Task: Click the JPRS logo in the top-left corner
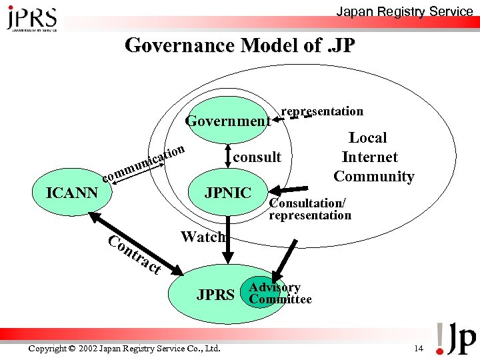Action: pyautogui.click(x=31, y=18)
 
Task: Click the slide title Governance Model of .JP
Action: pyautogui.click(x=240, y=46)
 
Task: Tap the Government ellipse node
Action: pyautogui.click(x=227, y=121)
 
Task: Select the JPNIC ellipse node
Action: pyautogui.click(x=228, y=193)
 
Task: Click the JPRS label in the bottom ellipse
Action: pyautogui.click(x=215, y=295)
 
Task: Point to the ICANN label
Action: pyautogui.click(x=71, y=193)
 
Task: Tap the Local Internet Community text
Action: pyautogui.click(x=373, y=157)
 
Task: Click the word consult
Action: pyautogui.click(x=257, y=157)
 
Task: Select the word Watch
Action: pyautogui.click(x=203, y=237)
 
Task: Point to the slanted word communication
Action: pyautogui.click(x=143, y=163)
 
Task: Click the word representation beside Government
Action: pyautogui.click(x=322, y=111)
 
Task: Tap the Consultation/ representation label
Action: pyautogui.click(x=309, y=209)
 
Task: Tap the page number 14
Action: pyautogui.click(x=418, y=349)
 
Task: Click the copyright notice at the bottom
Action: pyautogui.click(x=125, y=349)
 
